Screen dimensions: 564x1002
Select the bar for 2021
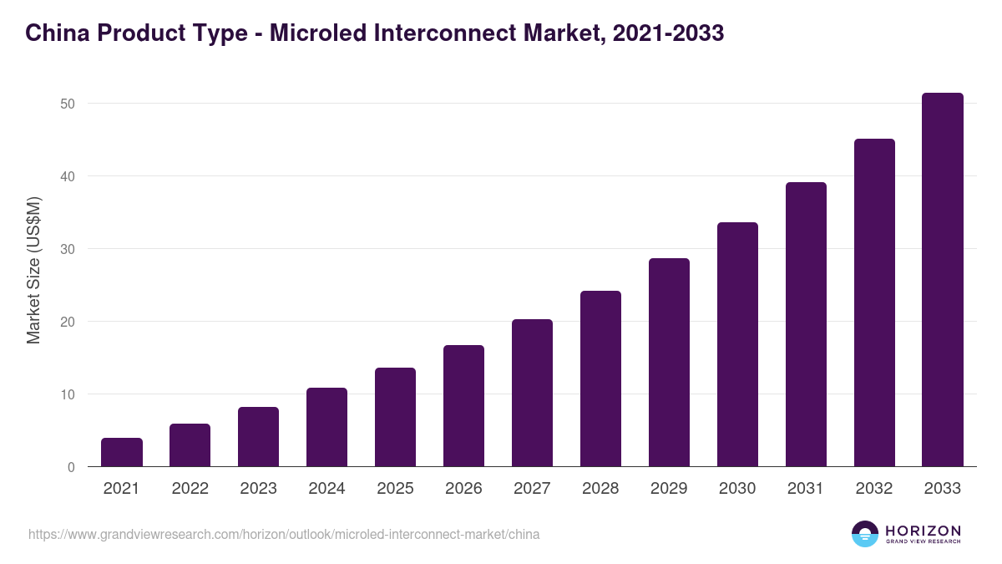tap(122, 452)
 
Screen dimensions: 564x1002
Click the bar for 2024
tap(326, 427)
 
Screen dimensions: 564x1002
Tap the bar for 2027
tap(532, 393)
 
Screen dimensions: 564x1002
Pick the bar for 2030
tap(737, 344)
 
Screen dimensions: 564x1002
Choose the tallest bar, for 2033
tap(943, 280)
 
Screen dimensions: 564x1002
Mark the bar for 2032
tap(874, 302)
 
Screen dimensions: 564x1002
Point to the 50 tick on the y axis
tap(68, 104)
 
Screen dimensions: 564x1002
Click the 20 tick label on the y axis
tap(68, 322)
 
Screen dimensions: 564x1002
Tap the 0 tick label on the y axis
tap(72, 467)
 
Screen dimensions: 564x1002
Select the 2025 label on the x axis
tap(395, 489)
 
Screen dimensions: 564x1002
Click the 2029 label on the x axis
tap(669, 489)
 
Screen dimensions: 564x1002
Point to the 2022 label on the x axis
tap(190, 489)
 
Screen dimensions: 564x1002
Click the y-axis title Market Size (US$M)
tap(33, 269)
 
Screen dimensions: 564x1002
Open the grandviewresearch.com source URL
tap(284, 534)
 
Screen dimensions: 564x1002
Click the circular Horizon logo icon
tap(865, 534)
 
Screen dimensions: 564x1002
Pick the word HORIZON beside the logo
tap(923, 531)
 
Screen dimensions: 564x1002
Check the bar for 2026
tap(463, 406)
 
